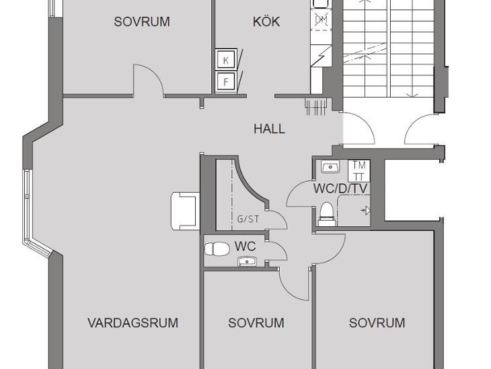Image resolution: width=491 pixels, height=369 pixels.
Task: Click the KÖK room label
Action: (266, 22)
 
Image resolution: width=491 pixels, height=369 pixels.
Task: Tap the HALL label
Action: (269, 129)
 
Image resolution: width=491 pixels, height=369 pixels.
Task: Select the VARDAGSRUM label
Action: (133, 323)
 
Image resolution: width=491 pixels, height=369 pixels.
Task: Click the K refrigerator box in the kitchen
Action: (226, 60)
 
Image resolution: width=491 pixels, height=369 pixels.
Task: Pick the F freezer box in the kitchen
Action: (226, 82)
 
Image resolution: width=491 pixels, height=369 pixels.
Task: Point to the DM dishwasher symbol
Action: (321, 20)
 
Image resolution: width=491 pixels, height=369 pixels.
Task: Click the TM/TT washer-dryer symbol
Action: (359, 170)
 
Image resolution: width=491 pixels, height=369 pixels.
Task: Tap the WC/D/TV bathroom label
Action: (340, 189)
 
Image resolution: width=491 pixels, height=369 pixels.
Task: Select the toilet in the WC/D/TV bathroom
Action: (328, 214)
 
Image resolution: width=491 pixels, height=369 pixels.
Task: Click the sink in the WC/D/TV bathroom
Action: (330, 167)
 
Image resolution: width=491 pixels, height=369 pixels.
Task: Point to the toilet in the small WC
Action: (217, 250)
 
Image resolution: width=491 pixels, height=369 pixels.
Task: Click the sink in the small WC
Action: (247, 261)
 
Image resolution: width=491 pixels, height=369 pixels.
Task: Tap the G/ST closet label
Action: (248, 219)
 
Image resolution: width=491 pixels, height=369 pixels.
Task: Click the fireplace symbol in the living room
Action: (186, 211)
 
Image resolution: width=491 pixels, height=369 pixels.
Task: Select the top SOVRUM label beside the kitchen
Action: (142, 22)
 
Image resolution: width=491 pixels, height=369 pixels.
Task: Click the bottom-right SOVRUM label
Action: (377, 323)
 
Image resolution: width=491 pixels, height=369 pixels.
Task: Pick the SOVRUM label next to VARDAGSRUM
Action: (256, 323)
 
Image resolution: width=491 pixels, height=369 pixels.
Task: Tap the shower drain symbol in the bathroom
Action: (366, 210)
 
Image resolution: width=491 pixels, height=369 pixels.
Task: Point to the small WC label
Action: (245, 246)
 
